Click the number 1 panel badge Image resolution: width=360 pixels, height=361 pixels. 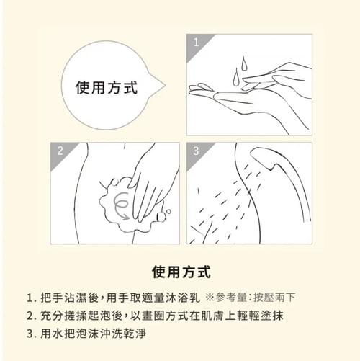(x=196, y=43)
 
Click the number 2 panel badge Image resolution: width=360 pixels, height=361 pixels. (x=60, y=151)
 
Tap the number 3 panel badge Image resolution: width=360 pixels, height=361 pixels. (x=196, y=151)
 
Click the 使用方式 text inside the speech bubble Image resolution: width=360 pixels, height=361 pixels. (x=107, y=87)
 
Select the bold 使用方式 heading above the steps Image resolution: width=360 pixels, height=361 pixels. (x=181, y=272)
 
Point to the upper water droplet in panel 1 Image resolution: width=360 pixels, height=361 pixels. (x=244, y=63)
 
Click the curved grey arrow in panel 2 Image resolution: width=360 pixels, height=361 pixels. (x=121, y=207)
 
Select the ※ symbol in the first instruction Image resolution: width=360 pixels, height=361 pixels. (x=210, y=298)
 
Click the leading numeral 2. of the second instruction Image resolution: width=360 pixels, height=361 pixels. (x=31, y=316)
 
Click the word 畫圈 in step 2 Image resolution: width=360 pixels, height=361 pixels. (x=153, y=316)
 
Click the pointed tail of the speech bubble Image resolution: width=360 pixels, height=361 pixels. (x=165, y=85)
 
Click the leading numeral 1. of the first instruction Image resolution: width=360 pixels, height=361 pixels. (x=31, y=298)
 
